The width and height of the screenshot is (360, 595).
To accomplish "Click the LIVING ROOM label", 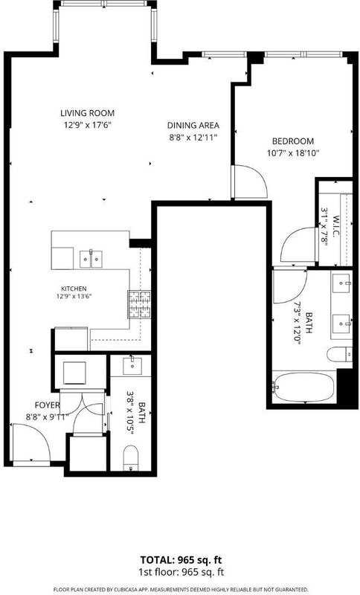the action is pos(87,113).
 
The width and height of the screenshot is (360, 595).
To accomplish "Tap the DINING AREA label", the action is pos(193,125).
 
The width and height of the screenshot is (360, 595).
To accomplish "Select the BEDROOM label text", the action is pos(293,141).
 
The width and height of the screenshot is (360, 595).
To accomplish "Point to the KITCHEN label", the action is pos(74,289).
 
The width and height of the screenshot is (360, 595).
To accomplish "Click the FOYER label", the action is pos(47,405).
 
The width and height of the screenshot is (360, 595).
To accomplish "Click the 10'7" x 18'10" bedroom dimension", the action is pos(293,153).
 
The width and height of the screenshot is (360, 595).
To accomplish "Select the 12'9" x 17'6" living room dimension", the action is pos(87,125).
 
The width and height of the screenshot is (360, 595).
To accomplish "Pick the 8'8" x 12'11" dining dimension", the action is pos(193,137).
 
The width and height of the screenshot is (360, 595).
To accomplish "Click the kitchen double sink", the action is pos(91,259).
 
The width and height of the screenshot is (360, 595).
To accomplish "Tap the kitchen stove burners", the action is pos(139,304).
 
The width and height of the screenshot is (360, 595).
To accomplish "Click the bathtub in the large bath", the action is pos(304,387).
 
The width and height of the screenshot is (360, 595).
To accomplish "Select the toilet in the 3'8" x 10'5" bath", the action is pos(131,458).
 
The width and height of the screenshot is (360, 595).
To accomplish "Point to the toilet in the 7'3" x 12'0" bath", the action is pos(339,355).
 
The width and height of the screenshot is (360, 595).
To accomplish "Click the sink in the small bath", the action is pos(132,366).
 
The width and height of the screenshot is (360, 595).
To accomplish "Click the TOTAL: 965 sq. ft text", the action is pos(181,560).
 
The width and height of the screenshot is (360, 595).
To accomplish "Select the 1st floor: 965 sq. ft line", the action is pos(181,572).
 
